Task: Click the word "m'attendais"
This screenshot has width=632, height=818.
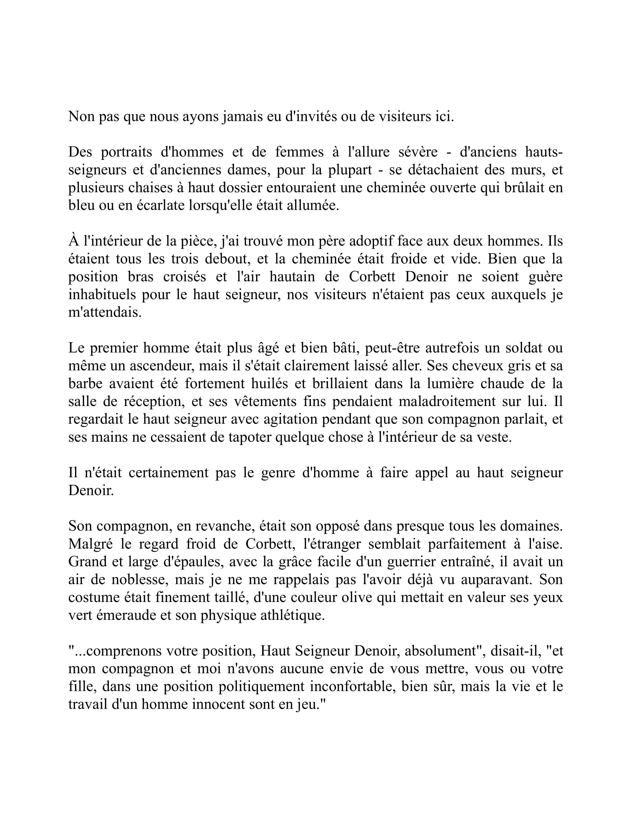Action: [x=105, y=312]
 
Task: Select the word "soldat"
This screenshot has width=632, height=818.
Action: [x=522, y=348]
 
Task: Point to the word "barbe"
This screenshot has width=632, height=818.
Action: [x=86, y=384]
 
